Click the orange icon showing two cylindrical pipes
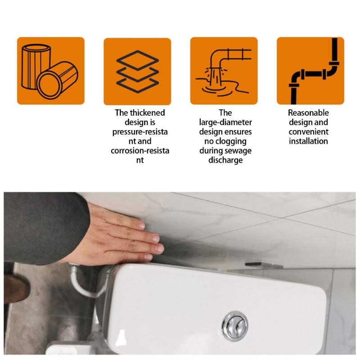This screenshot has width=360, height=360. point(51,71)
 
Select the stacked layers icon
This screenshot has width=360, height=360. point(137,71)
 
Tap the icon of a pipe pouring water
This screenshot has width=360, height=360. point(224,71)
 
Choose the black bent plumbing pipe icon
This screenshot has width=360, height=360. point(310,71)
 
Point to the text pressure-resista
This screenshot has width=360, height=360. point(140,132)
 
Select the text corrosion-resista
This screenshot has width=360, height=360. point(140,151)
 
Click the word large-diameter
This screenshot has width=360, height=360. point(225,122)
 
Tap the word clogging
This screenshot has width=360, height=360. point(237,141)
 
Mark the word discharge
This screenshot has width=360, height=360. point(225,160)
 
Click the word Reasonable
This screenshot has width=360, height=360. point(308,113)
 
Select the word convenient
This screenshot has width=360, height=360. point(308,132)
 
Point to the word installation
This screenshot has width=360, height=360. point(308,141)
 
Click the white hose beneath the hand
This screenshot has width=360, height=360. point(85,288)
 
